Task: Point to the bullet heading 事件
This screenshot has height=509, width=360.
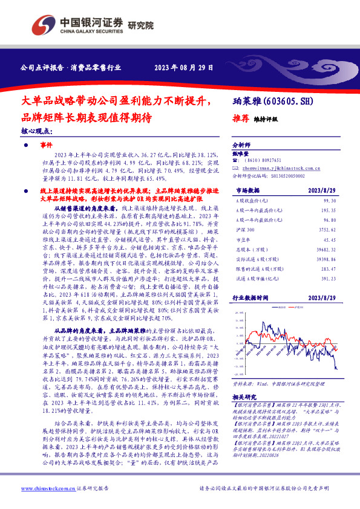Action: tap(46, 146)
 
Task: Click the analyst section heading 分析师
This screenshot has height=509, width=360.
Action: tap(241, 146)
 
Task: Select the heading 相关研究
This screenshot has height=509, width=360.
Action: tap(246, 380)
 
